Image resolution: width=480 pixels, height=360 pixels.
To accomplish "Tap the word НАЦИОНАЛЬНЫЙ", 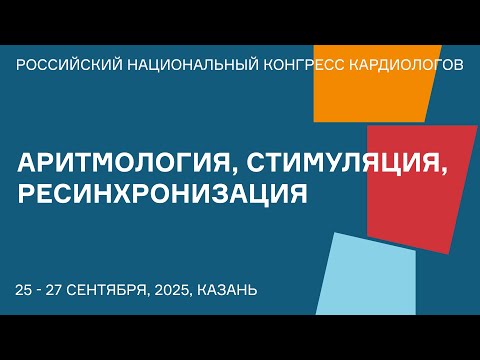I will [177, 65].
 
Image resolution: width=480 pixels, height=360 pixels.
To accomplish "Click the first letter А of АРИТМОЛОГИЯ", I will [28, 162].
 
